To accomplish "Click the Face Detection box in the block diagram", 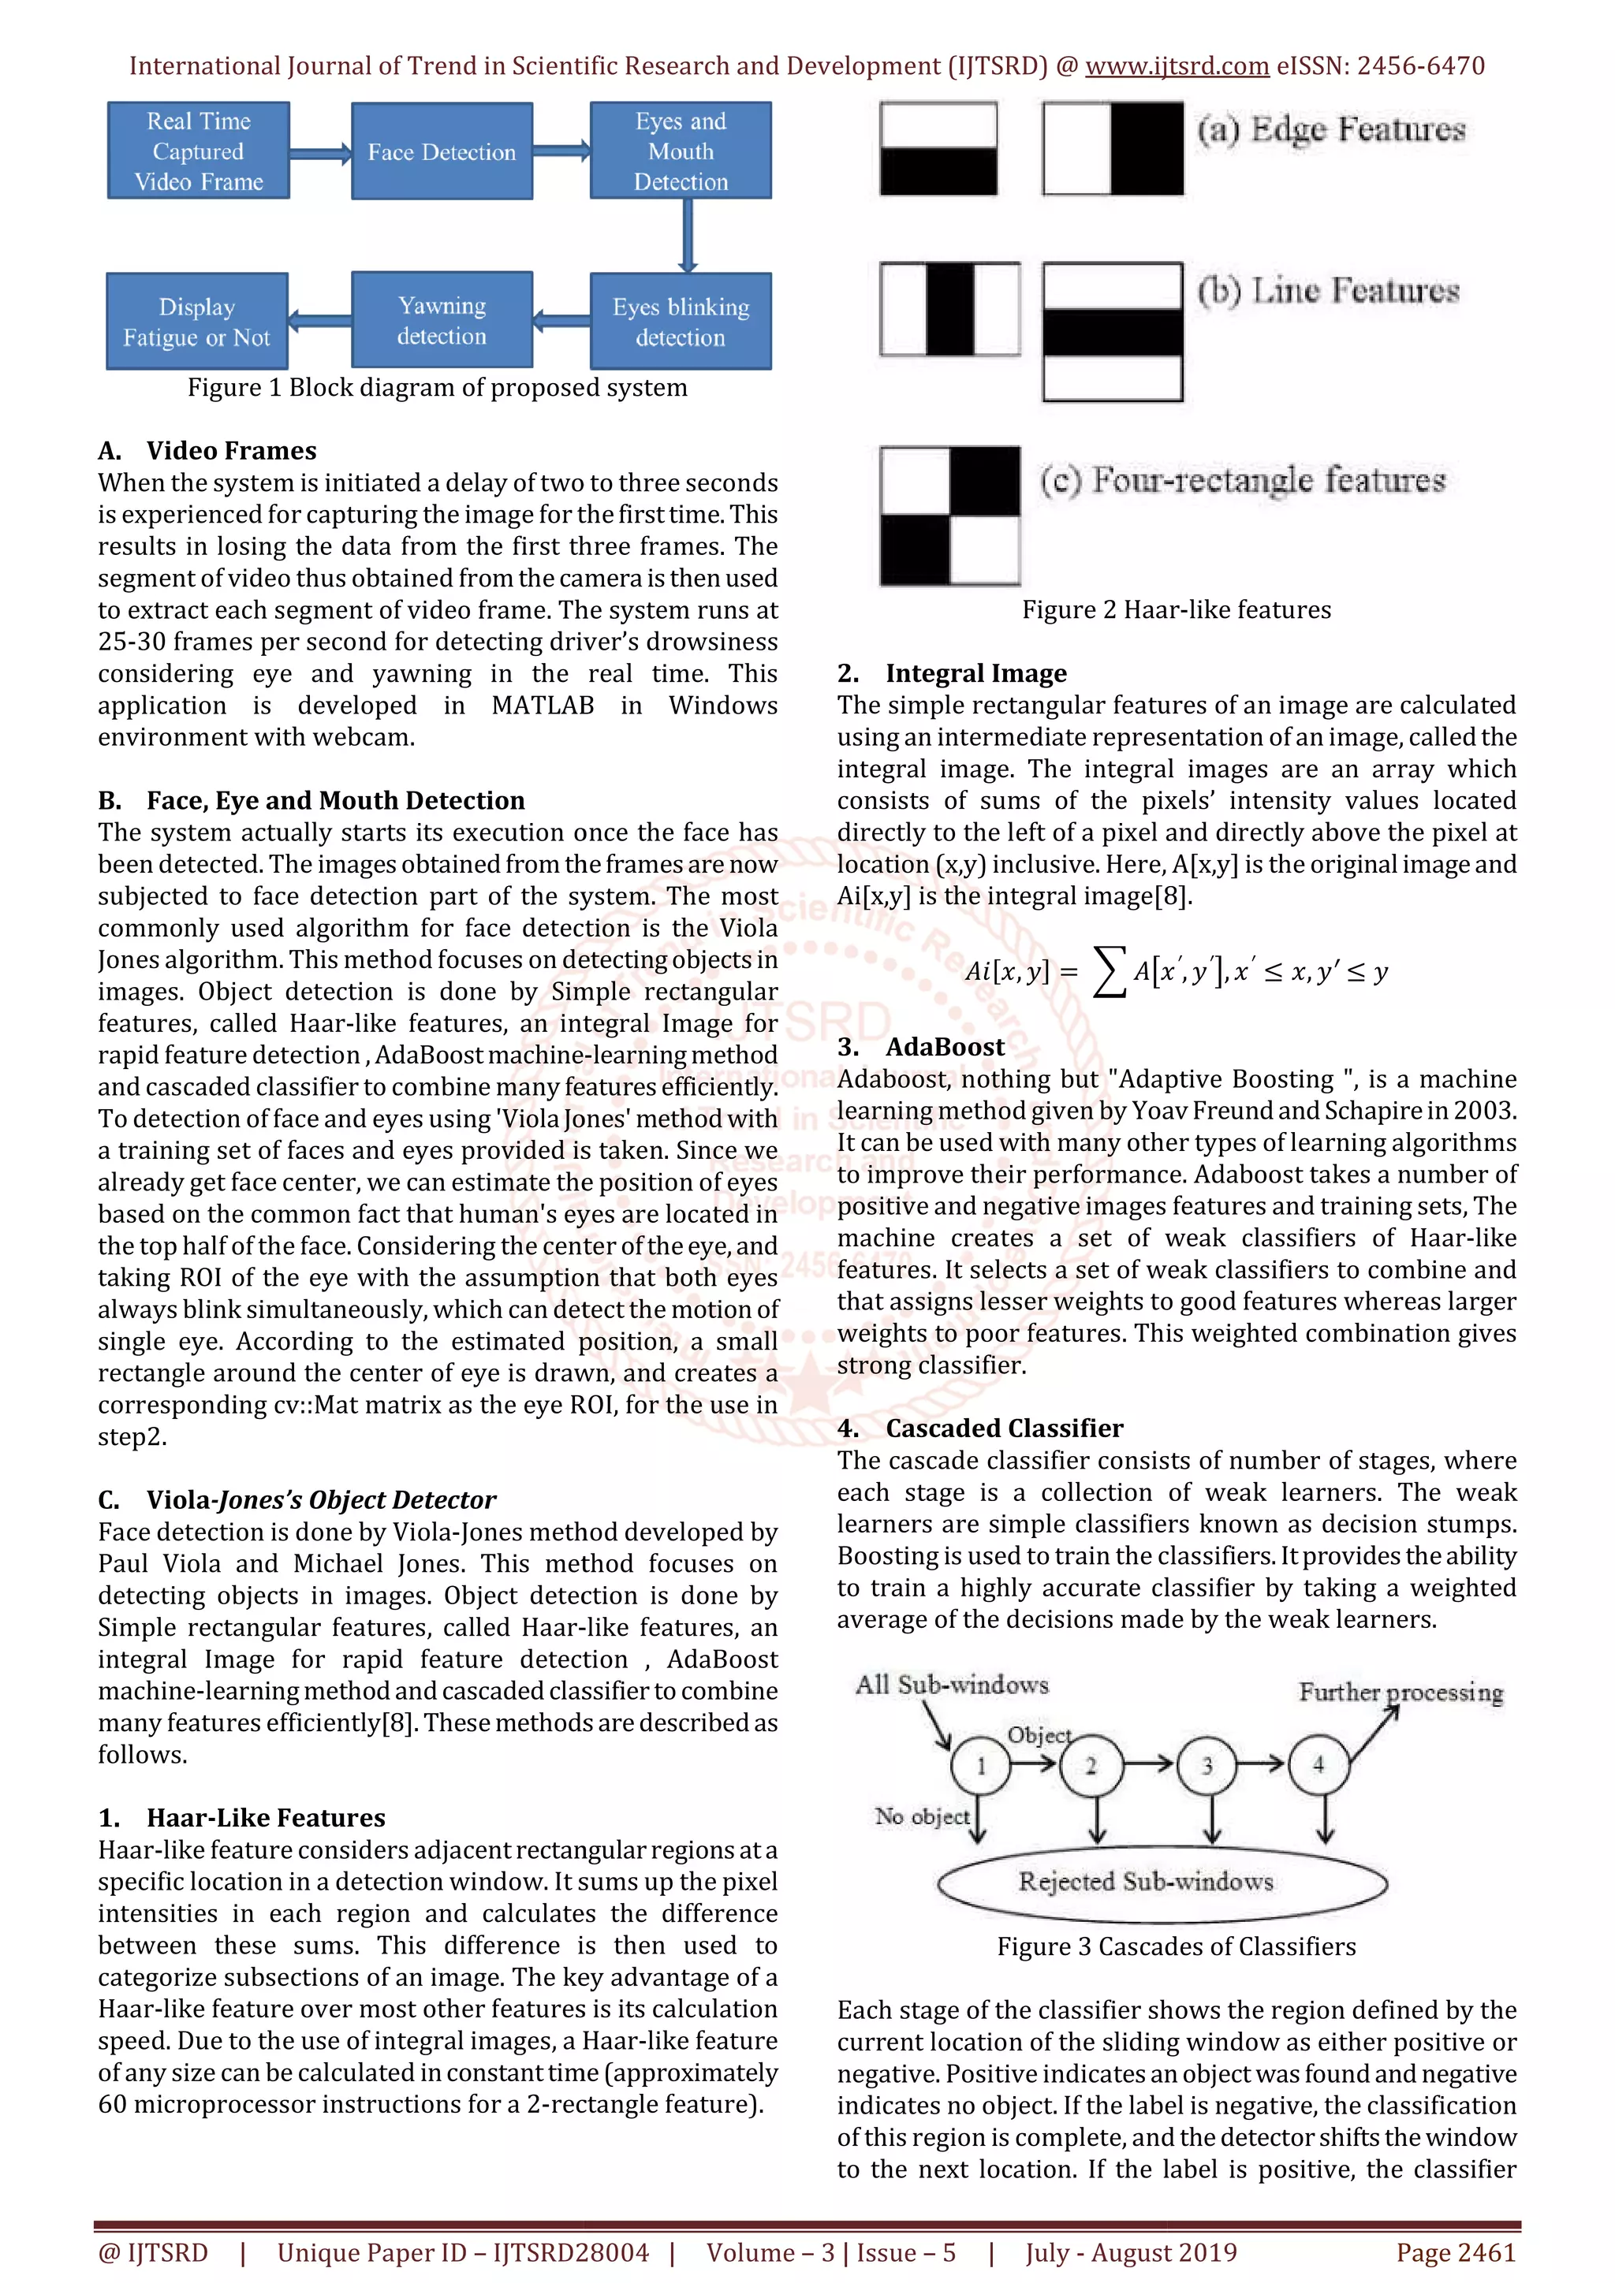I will point(442,151).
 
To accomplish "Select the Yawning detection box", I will point(442,320).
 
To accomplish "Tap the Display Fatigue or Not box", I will point(197,321).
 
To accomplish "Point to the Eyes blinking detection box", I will point(681,321).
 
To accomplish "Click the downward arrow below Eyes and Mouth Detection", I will point(686,236).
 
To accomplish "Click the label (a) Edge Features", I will point(1330,129).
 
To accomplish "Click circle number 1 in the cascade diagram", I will point(980,1765).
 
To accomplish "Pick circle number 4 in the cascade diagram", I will point(1318,1765).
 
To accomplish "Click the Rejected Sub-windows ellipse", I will point(1162,1881).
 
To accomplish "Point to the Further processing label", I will point(1401,1692).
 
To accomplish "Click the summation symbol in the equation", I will point(1109,971).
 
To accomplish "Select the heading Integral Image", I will point(975,673).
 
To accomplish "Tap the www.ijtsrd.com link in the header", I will point(1177,65).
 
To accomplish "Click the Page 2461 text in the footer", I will point(1456,2252).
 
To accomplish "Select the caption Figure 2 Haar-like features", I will point(1177,609).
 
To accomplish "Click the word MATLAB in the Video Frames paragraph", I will point(543,705).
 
